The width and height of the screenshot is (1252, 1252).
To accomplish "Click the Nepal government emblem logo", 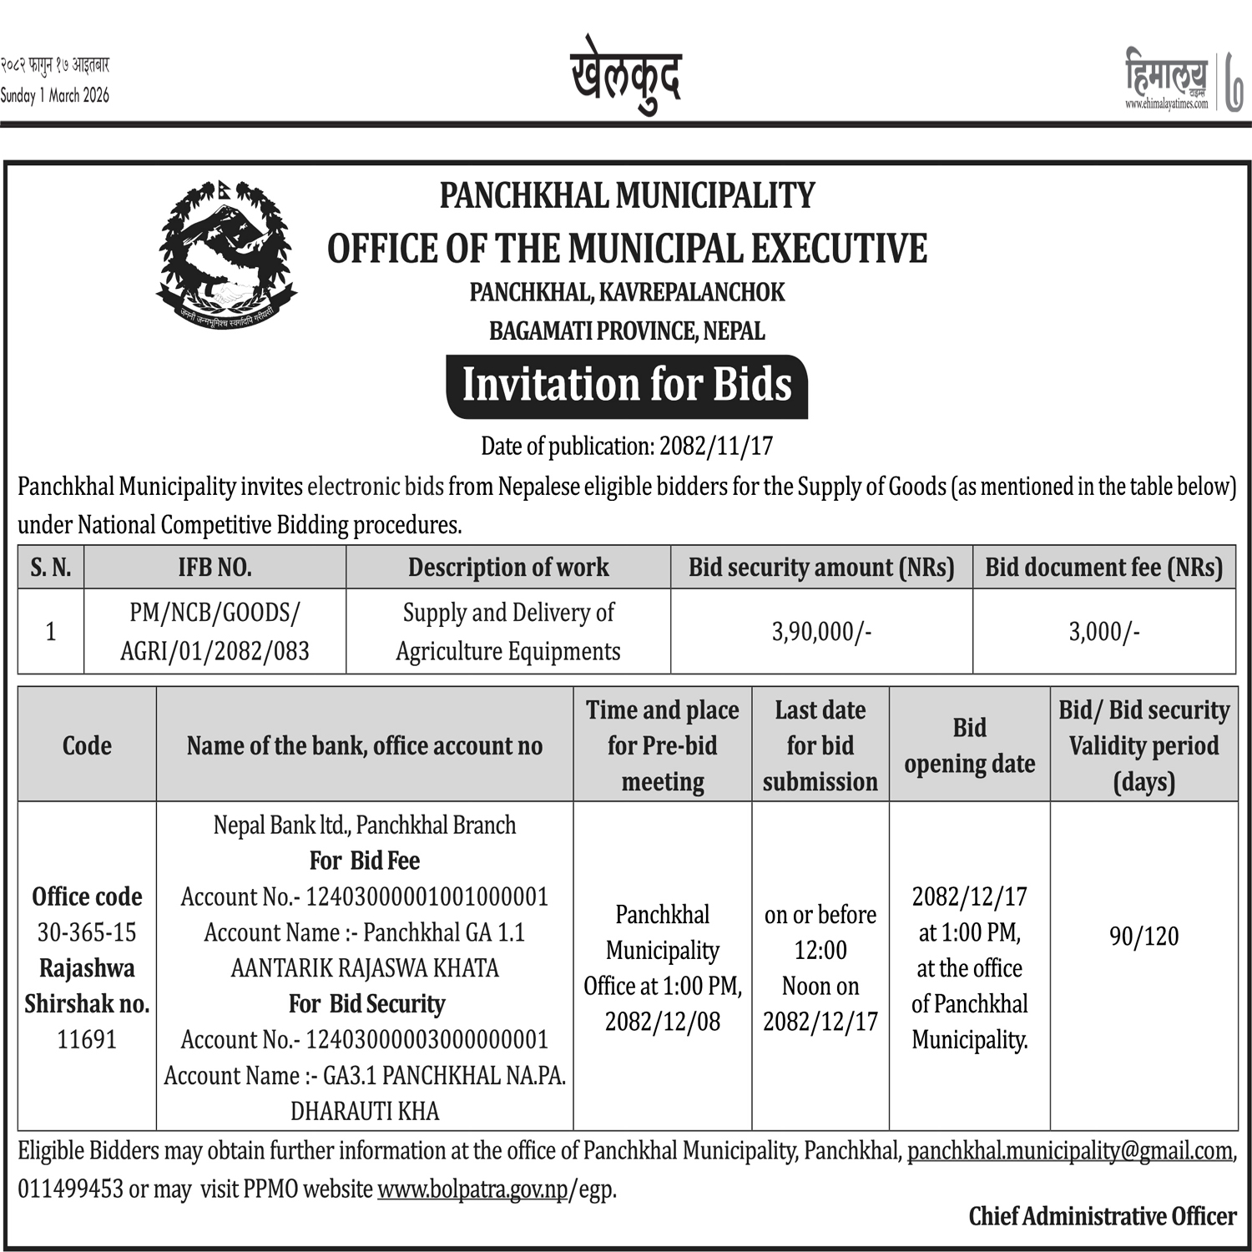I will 226,253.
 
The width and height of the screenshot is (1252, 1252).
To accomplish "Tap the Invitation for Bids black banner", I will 627,386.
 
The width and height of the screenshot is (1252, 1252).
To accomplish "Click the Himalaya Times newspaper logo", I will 1167,80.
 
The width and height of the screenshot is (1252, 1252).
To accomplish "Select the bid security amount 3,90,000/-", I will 821,632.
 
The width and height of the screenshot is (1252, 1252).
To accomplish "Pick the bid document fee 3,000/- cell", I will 1103,632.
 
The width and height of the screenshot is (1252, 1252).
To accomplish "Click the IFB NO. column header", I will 215,568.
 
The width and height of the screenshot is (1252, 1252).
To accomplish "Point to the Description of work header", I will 508,568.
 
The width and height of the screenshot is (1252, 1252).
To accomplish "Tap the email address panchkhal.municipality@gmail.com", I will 1069,1151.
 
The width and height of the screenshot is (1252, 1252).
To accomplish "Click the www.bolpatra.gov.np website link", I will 472,1189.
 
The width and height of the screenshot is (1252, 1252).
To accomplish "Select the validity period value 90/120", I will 1143,936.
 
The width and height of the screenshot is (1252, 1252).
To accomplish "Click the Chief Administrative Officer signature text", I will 1102,1216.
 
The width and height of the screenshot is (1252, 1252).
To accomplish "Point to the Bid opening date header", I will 969,745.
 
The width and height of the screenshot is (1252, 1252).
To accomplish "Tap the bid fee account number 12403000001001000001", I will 427,896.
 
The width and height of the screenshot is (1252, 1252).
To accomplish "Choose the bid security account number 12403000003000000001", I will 427,1039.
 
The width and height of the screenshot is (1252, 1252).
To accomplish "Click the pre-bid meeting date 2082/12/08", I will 663,1022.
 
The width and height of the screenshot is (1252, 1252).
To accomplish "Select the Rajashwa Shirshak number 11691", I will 87,1039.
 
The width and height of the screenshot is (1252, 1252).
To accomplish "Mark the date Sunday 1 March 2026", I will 55,95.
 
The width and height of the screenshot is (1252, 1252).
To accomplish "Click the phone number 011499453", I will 70,1189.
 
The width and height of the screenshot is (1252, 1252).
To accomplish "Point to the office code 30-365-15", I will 87,932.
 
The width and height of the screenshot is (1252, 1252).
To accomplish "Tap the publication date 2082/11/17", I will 715,447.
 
